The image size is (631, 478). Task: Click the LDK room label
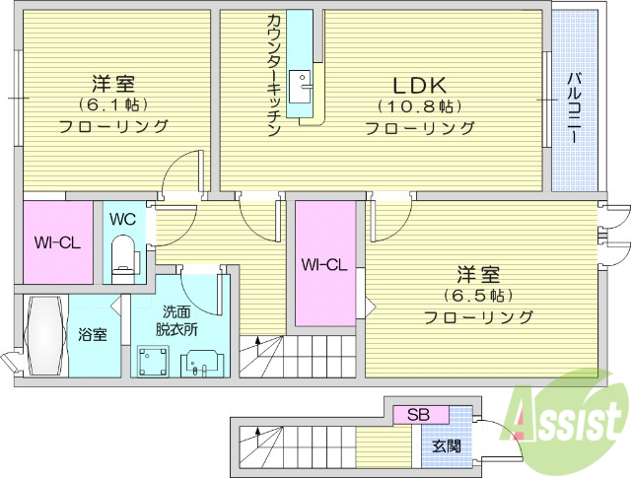pos(421,84)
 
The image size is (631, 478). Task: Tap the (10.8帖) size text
pos(421,106)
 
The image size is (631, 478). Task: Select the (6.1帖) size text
pos(113,104)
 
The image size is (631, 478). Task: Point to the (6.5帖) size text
pos(479,295)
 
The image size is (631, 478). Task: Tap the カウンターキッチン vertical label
pos(274,75)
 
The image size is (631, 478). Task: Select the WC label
pos(123,218)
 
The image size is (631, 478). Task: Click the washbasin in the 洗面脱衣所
pos(202,363)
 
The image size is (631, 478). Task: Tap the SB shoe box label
pos(419,414)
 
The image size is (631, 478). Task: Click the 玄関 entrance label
pos(445,445)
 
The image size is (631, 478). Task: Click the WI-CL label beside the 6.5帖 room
pos(324,264)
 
